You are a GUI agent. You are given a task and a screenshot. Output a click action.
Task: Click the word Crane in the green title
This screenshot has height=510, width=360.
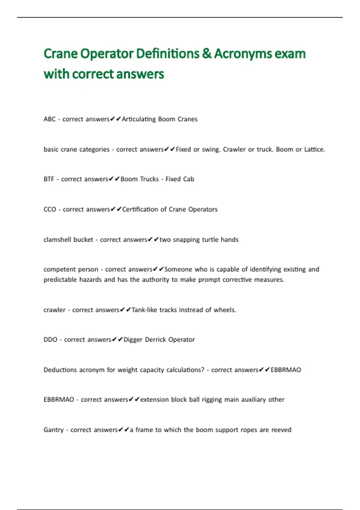[x=60, y=54]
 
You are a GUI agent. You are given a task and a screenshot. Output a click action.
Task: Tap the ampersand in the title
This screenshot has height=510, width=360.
[x=206, y=54]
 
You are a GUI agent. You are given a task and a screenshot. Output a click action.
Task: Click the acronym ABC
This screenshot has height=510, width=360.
[x=49, y=119]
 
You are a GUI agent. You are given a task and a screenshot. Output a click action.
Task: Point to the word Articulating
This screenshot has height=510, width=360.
[x=139, y=119]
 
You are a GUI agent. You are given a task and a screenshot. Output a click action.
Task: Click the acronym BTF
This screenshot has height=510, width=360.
[x=49, y=179]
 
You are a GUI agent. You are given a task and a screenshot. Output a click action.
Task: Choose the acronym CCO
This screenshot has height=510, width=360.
[x=50, y=209]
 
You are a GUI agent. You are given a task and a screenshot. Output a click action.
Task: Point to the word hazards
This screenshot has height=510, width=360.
[x=91, y=280]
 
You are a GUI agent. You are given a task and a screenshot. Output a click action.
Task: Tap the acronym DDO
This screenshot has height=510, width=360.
[x=50, y=340]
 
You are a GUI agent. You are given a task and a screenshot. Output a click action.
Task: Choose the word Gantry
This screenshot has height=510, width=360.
[x=54, y=430]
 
